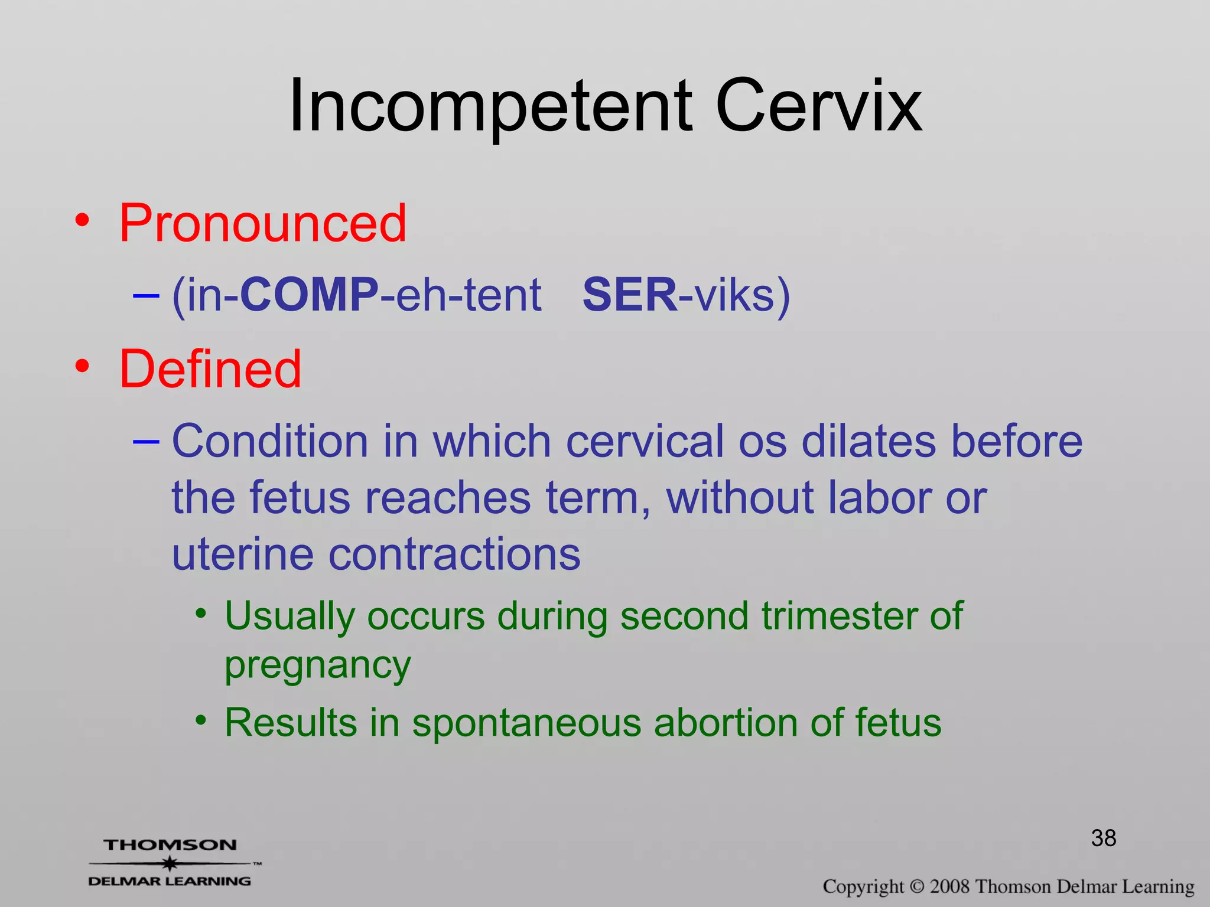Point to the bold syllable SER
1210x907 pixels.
pos(629,295)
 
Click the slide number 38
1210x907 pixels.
pos(1103,838)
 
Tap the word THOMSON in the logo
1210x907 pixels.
pos(170,845)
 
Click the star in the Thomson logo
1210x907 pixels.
pos(170,863)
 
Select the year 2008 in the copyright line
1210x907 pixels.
pos(949,886)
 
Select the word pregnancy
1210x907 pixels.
pos(317,665)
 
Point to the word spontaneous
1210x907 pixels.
pos(526,723)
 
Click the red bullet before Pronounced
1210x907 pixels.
pos(82,221)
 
